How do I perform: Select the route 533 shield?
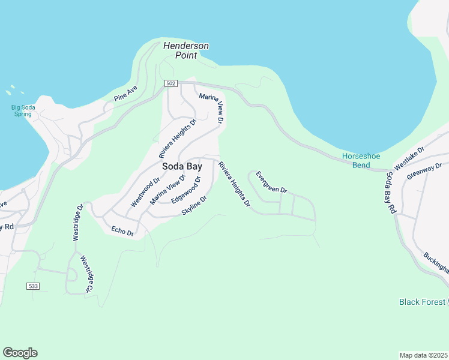pyautogui.click(x=33, y=287)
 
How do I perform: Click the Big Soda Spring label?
pyautogui.click(x=23, y=111)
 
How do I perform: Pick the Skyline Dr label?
pyautogui.click(x=194, y=207)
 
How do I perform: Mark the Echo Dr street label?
pyautogui.click(x=122, y=231)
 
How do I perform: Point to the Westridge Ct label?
pyautogui.click(x=87, y=275)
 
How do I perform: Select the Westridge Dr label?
pyautogui.click(x=77, y=223)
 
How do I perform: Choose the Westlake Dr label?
pyautogui.click(x=409, y=157)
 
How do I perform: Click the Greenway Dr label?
pyautogui.click(x=424, y=171)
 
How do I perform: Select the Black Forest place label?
pyautogui.click(x=423, y=302)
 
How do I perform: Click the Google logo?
pyautogui.click(x=20, y=353)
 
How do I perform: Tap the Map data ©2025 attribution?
pyautogui.click(x=423, y=355)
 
